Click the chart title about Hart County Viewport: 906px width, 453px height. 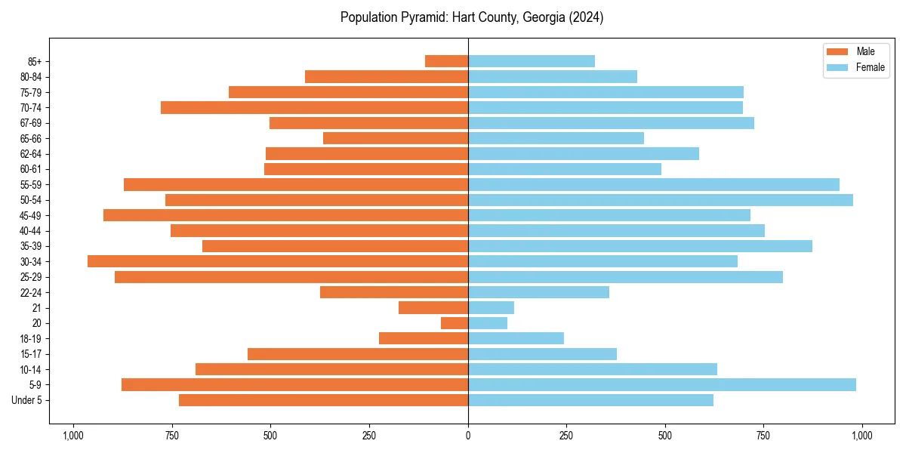pyautogui.click(x=471, y=17)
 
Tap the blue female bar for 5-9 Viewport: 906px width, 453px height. pyautogui.click(x=662, y=384)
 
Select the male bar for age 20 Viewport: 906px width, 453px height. pyautogui.click(x=455, y=323)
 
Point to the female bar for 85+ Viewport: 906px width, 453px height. pyautogui.click(x=532, y=61)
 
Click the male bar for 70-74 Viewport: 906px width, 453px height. pyautogui.click(x=314, y=107)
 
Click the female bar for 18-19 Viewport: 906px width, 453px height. pyautogui.click(x=516, y=338)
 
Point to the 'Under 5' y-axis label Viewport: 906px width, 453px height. pyautogui.click(x=27, y=400)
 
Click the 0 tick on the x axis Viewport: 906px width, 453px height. pyautogui.click(x=468, y=436)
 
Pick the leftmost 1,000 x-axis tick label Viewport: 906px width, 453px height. pyautogui.click(x=73, y=436)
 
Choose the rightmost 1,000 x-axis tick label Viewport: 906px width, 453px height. pyautogui.click(x=862, y=436)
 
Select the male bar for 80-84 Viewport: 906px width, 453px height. pyautogui.click(x=387, y=76)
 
